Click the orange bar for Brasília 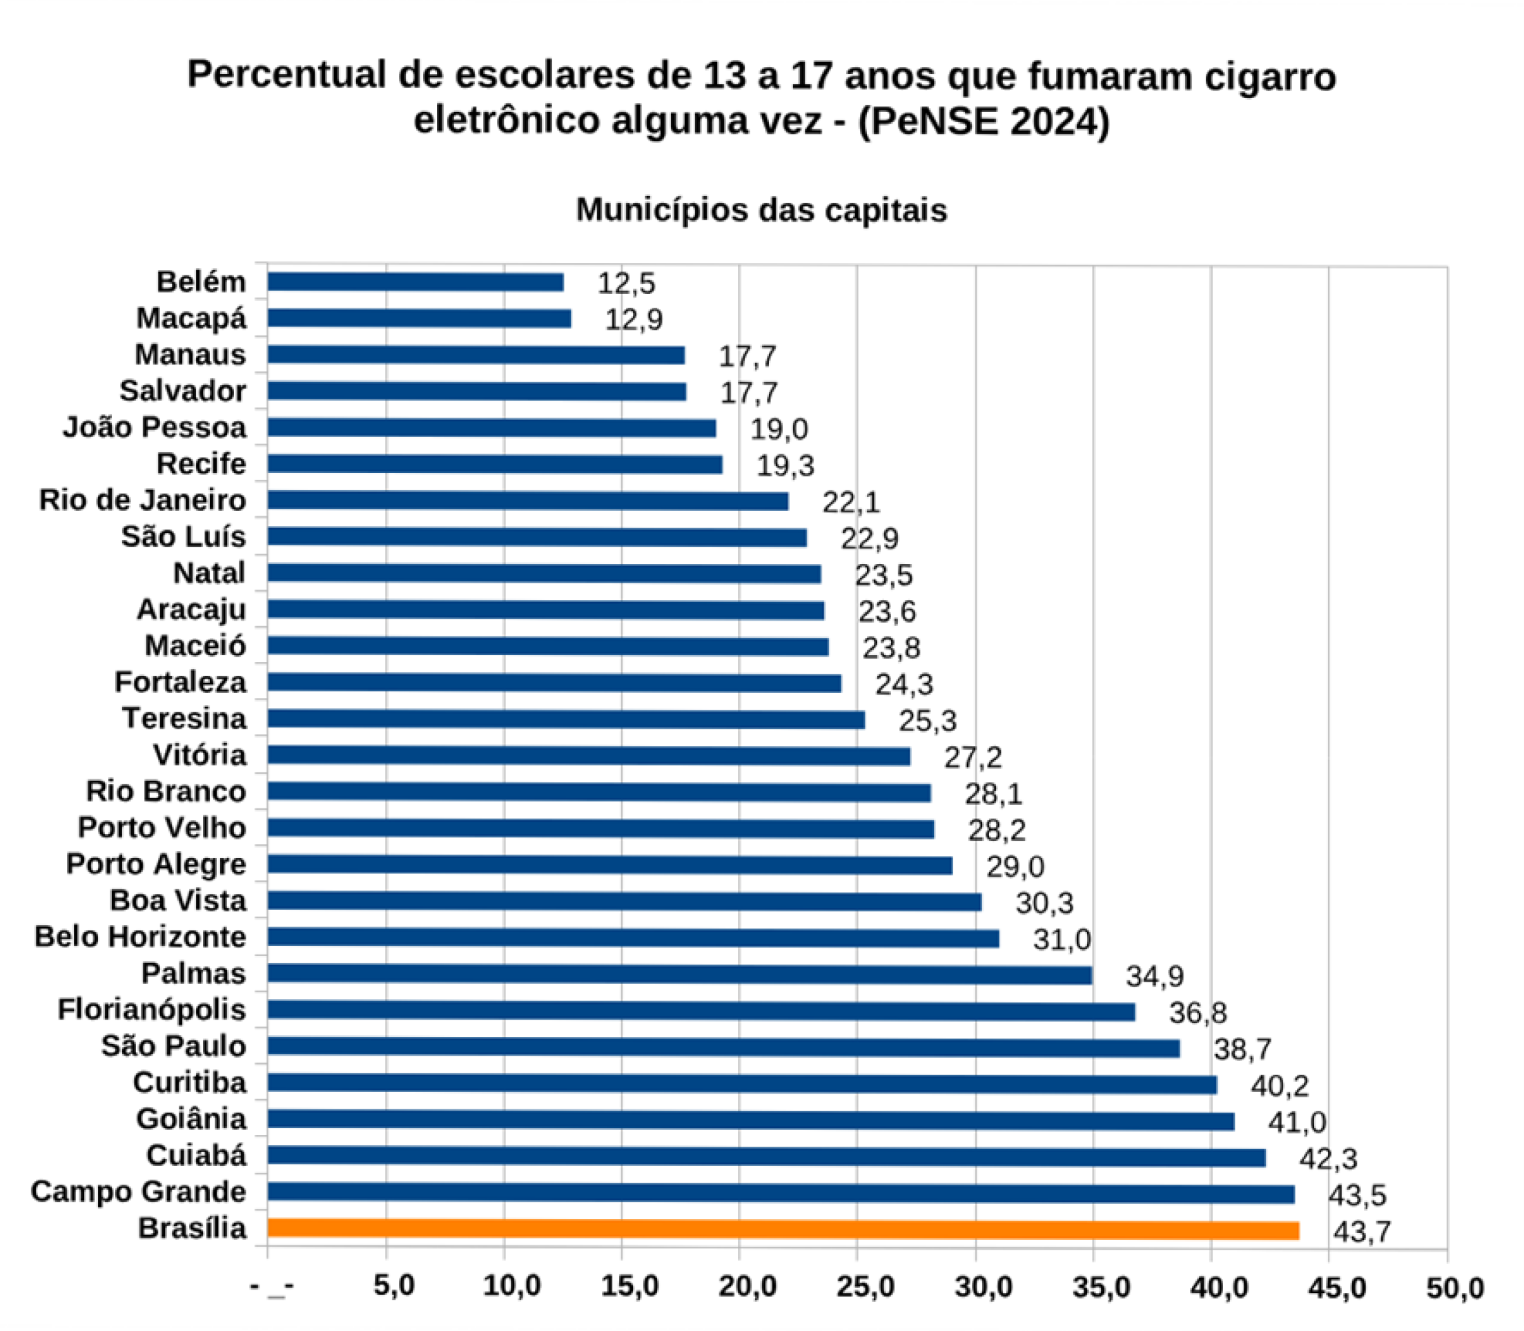pyautogui.click(x=783, y=1230)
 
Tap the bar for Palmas pyautogui.click(x=680, y=975)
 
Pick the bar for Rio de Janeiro pyautogui.click(x=527, y=501)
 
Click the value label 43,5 pyautogui.click(x=1358, y=1195)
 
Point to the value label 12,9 pyautogui.click(x=634, y=320)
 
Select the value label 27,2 pyautogui.click(x=973, y=757)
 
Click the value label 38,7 pyautogui.click(x=1242, y=1049)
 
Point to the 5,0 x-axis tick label pyautogui.click(x=393, y=1285)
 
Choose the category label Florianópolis pyautogui.click(x=152, y=1010)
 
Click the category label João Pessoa pyautogui.click(x=155, y=428)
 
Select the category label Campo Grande pyautogui.click(x=138, y=1192)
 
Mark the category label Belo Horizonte pyautogui.click(x=139, y=937)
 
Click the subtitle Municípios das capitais pyautogui.click(x=761, y=210)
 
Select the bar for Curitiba pyautogui.click(x=742, y=1085)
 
